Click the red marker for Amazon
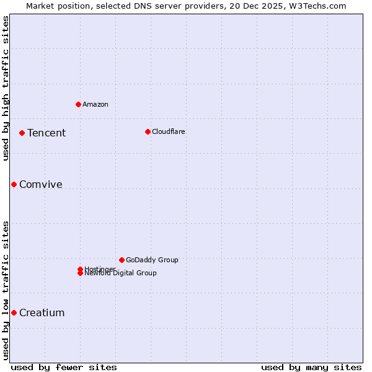click(x=78, y=104)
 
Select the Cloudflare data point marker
click(x=148, y=131)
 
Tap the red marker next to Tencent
click(x=22, y=133)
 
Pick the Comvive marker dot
click(x=14, y=184)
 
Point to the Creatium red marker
click(x=14, y=312)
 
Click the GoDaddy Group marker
click(x=122, y=260)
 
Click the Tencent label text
click(x=46, y=133)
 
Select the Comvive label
click(x=41, y=184)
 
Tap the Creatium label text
click(x=42, y=312)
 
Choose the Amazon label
click(x=95, y=104)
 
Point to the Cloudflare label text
click(x=169, y=131)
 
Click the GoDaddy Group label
click(x=152, y=260)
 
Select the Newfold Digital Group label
click(x=121, y=273)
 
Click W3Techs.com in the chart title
click(x=319, y=6)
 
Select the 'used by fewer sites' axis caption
click(x=64, y=367)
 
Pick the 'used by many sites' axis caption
click(x=311, y=367)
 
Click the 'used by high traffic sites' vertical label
click(x=6, y=88)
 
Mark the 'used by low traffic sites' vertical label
click(x=6, y=290)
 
